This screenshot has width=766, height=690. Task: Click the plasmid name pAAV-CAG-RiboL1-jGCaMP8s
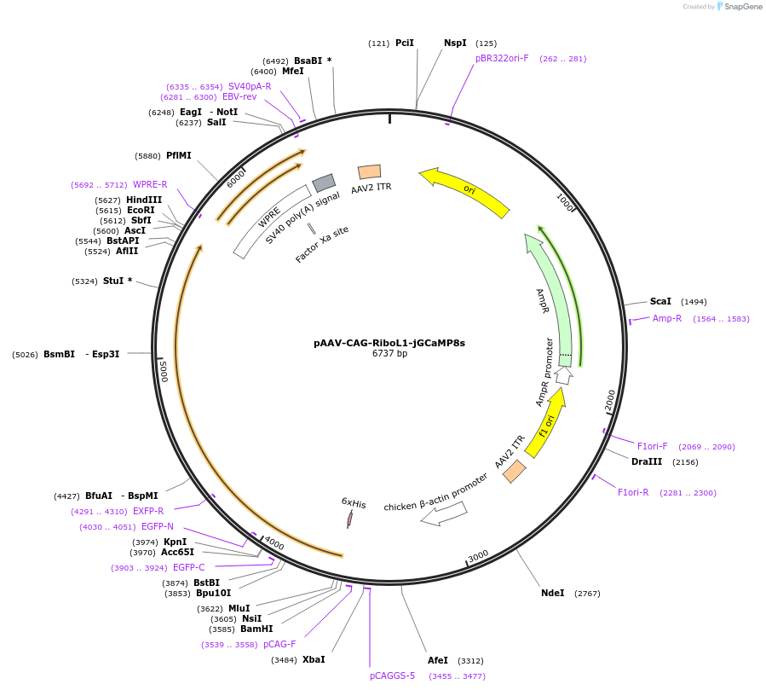(x=389, y=343)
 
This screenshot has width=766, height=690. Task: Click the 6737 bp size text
(x=389, y=354)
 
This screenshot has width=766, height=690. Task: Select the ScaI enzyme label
(x=660, y=301)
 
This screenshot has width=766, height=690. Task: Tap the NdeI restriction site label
(x=552, y=593)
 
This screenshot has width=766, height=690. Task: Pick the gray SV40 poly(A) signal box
(x=324, y=183)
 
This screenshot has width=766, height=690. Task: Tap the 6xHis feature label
(x=354, y=504)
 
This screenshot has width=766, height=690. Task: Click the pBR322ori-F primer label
(x=502, y=58)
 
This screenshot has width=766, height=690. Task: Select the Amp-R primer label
(x=667, y=318)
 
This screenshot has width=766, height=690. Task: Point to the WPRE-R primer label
(x=150, y=184)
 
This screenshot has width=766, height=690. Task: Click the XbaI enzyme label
(x=314, y=659)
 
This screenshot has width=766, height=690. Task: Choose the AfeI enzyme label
(x=437, y=660)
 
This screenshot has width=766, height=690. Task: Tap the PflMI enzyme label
(x=179, y=155)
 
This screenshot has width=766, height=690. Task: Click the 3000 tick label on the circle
(x=478, y=555)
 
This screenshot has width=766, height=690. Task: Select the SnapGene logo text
(x=742, y=7)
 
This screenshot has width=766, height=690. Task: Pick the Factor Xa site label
(x=322, y=245)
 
